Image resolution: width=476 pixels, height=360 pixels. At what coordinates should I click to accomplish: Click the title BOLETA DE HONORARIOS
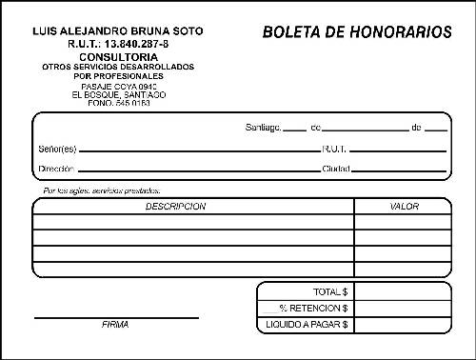(357, 32)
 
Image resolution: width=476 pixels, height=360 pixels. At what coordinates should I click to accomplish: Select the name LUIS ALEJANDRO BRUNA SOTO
(118, 30)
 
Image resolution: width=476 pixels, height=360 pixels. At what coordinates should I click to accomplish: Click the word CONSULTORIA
(118, 56)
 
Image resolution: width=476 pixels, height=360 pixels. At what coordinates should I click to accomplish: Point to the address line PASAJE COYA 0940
(118, 87)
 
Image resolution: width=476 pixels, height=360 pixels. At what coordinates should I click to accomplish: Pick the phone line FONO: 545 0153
(118, 102)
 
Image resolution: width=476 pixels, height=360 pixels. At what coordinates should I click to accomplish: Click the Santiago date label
(263, 127)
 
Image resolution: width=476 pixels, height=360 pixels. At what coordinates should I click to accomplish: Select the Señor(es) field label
(57, 149)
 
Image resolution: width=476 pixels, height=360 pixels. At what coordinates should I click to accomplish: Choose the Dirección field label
(56, 170)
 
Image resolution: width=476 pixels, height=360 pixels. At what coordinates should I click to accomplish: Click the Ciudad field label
(336, 170)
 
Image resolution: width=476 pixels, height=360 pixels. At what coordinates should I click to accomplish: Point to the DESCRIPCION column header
(175, 206)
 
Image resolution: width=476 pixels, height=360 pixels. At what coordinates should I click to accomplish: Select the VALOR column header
(405, 206)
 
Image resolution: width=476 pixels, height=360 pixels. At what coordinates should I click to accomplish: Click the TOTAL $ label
(330, 291)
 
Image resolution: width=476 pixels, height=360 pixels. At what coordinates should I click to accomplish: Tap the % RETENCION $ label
(313, 308)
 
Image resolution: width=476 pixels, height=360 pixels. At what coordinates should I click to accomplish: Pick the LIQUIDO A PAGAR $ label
(307, 325)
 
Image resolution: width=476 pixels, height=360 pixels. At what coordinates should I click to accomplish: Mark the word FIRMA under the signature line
(115, 325)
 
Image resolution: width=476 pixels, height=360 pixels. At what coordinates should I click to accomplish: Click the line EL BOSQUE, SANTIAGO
(118, 94)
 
